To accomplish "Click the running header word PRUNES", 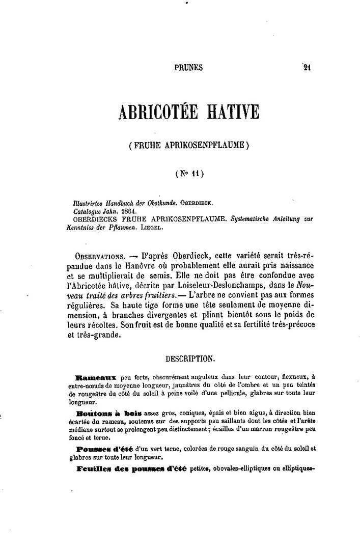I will [x=188, y=67].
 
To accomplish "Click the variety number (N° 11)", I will [x=189, y=173].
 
